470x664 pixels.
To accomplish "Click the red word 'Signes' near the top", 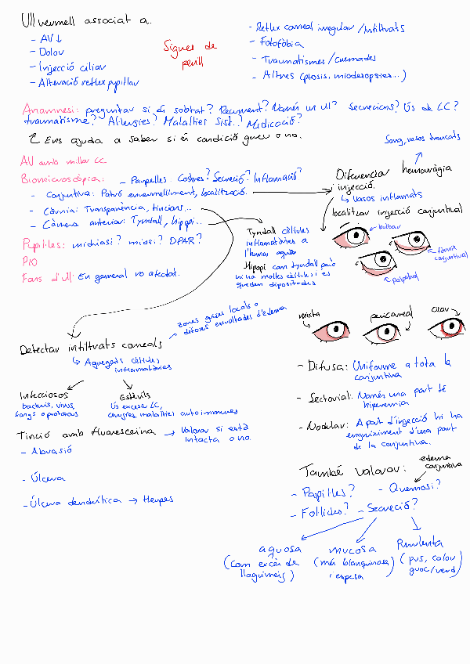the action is [x=179, y=47].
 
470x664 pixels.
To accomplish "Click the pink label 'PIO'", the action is [x=29, y=262].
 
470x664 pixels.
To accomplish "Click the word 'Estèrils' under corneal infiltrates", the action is [x=125, y=396].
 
